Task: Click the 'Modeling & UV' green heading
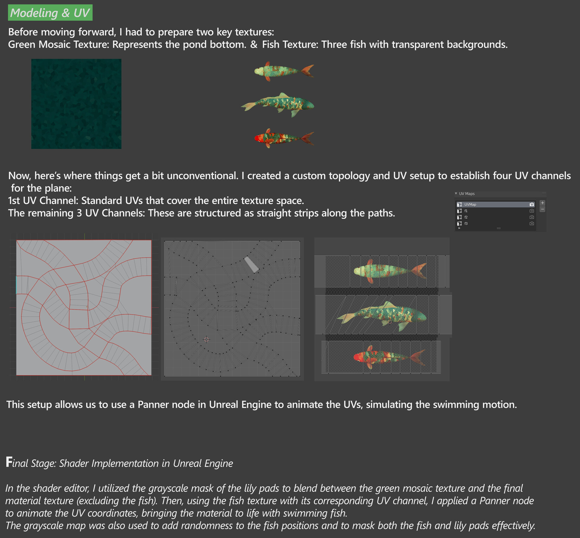[x=50, y=13]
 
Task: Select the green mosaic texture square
[x=76, y=104]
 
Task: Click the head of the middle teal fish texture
[x=308, y=105]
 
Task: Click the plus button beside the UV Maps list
[x=543, y=203]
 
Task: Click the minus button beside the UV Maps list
[x=543, y=209]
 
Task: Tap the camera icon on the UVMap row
[x=532, y=204]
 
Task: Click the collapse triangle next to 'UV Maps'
[x=456, y=194]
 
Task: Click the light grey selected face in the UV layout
[x=251, y=264]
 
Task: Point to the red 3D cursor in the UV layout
[x=206, y=339]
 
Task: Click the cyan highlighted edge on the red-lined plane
[x=16, y=284]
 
